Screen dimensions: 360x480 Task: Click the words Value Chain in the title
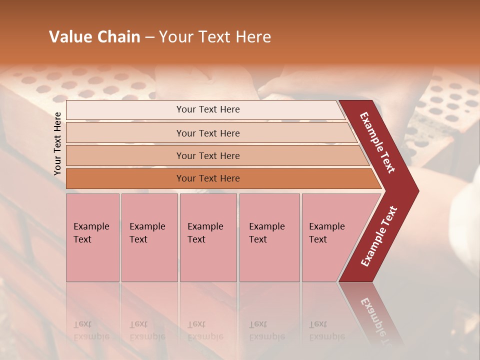(x=94, y=36)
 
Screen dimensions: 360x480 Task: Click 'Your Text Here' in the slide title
(x=215, y=36)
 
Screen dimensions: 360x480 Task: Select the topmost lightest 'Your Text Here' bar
(x=207, y=109)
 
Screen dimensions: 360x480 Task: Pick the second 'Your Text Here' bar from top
(x=207, y=133)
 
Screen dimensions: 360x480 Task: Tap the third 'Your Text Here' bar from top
(x=207, y=155)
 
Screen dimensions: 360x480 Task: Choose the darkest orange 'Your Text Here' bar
(x=207, y=178)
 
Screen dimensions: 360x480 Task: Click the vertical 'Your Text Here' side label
(x=57, y=144)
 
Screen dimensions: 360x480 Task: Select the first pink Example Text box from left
(x=92, y=237)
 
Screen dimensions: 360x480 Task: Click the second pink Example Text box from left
(x=149, y=237)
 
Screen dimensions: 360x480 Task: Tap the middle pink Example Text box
(x=208, y=237)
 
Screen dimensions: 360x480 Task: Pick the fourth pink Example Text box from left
(x=269, y=237)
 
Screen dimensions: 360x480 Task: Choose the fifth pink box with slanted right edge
(x=330, y=237)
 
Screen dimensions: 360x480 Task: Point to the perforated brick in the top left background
(x=75, y=85)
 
